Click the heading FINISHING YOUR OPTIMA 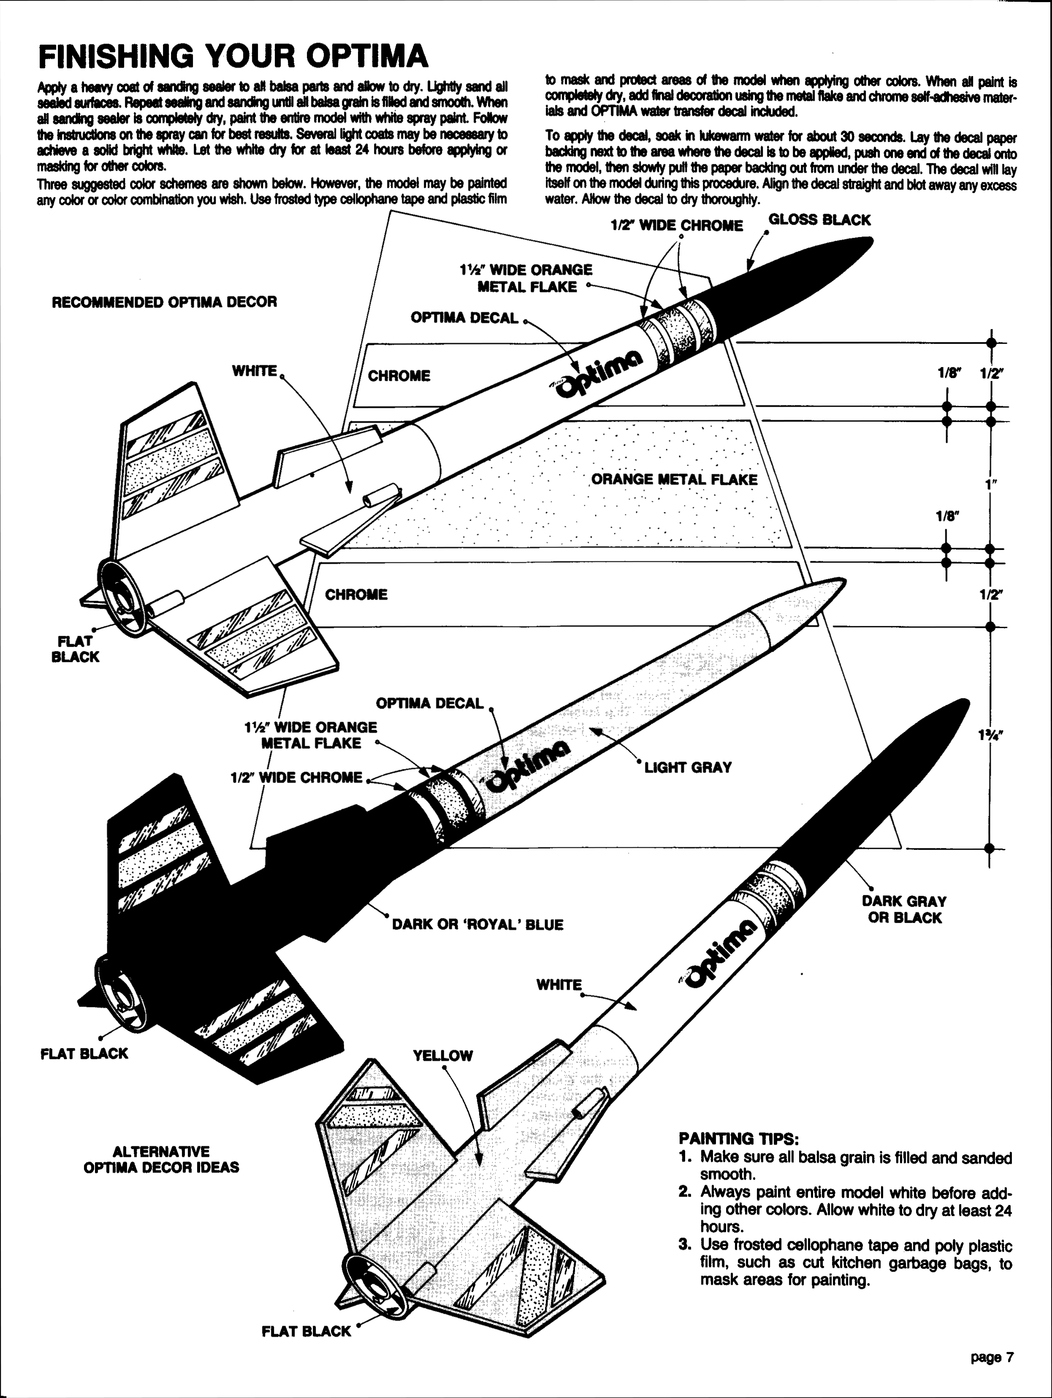tap(233, 57)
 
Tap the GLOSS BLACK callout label tap(819, 220)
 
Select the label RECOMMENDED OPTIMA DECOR tap(164, 302)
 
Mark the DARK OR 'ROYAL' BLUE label tap(478, 925)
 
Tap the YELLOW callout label tap(442, 1055)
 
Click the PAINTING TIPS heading tap(739, 1139)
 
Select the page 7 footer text tap(992, 1357)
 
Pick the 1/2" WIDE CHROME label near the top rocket tap(677, 226)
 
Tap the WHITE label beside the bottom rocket tap(559, 985)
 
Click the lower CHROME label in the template tap(356, 595)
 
